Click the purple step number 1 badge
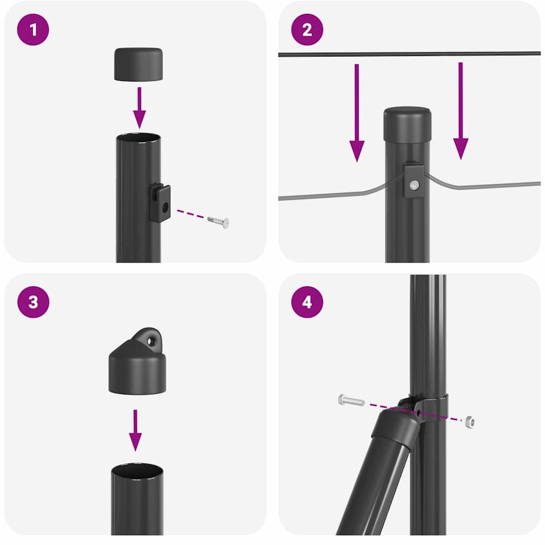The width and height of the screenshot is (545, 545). pyautogui.click(x=33, y=29)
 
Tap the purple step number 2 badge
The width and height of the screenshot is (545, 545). pyautogui.click(x=307, y=29)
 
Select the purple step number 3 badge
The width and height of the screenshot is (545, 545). pyautogui.click(x=33, y=302)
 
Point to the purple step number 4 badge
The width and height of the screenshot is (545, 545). pyautogui.click(x=307, y=302)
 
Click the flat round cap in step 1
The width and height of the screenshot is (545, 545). pyautogui.click(x=138, y=64)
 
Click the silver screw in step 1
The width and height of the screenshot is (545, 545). pyautogui.click(x=218, y=220)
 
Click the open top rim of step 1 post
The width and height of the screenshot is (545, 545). pyautogui.click(x=138, y=138)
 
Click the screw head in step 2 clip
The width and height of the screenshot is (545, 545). pyautogui.click(x=414, y=185)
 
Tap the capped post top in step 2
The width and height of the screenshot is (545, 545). pyautogui.click(x=407, y=122)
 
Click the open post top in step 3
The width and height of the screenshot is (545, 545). pyautogui.click(x=137, y=471)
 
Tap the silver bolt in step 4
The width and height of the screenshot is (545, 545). pyautogui.click(x=351, y=400)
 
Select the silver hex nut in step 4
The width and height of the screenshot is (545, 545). pyautogui.click(x=468, y=422)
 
